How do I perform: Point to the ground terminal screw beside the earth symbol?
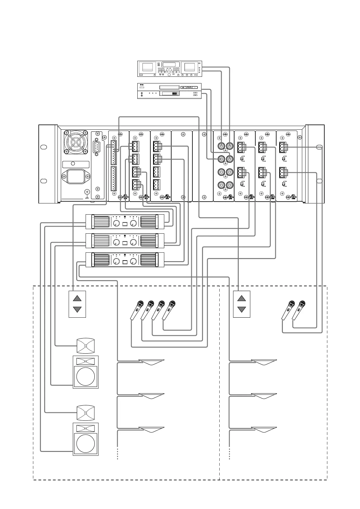tap(87, 192)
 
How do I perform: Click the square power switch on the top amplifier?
tap(125, 224)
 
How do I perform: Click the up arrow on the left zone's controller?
tap(77, 298)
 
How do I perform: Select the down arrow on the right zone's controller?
tap(242, 309)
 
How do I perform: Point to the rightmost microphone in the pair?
tap(299, 310)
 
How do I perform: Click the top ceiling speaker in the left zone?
tap(151, 362)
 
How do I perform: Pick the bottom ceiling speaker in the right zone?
tap(264, 430)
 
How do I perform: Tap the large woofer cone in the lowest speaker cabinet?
tap(86, 443)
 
